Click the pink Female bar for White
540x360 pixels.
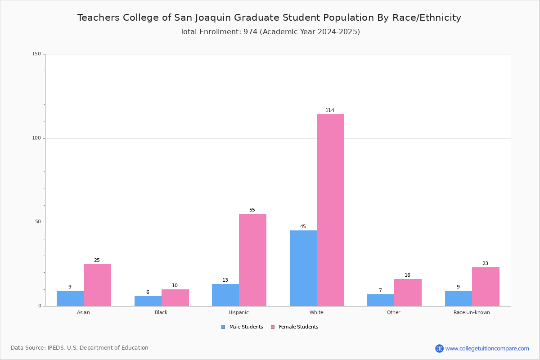(x=330, y=210)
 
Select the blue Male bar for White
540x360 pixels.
(x=303, y=268)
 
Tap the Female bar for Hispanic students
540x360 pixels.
(x=252, y=260)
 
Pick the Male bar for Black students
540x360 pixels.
(x=148, y=301)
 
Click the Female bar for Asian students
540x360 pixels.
(x=97, y=285)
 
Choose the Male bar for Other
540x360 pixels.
(x=381, y=300)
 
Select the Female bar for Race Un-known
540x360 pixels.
(x=486, y=287)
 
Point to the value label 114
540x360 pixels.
(x=330, y=110)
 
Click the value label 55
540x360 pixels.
(x=252, y=210)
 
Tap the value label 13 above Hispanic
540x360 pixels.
(x=225, y=280)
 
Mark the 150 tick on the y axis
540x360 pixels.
(x=36, y=54)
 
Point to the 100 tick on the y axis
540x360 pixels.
(x=36, y=138)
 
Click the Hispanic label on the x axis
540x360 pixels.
(x=238, y=312)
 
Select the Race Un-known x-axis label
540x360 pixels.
(x=472, y=312)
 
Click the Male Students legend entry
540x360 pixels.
(x=242, y=327)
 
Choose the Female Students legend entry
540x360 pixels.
(x=295, y=327)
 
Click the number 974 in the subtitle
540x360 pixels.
(x=250, y=31)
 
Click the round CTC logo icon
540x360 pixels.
(x=439, y=348)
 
